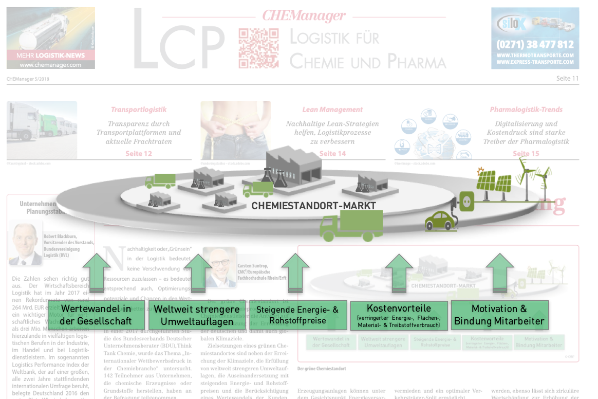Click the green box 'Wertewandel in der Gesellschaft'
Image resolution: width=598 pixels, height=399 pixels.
pos(96,315)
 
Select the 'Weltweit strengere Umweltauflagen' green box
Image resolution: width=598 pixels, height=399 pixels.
pos(197,315)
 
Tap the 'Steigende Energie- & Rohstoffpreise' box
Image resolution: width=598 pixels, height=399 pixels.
pos(297,315)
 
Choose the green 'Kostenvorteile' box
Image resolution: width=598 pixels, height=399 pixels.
pos(399,315)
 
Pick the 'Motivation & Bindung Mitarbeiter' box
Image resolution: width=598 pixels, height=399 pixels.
pos(499,315)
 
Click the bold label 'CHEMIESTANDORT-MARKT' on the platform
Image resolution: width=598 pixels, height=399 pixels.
pos(313,206)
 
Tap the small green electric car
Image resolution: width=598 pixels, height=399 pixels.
pos(441,221)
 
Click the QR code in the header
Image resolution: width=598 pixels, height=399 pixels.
pos(258,48)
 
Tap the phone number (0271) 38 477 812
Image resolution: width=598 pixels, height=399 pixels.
pos(535,45)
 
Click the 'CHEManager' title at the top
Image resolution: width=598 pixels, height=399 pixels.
pos(304,15)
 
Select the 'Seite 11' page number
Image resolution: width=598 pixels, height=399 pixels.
pos(567,79)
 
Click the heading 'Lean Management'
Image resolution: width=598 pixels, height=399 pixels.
pos(332,110)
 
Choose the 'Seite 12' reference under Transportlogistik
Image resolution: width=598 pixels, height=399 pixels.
pos(139,154)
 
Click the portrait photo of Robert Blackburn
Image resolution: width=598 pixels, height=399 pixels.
pos(25,244)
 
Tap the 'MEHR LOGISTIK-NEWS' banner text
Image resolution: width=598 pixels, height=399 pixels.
pos(50,56)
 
